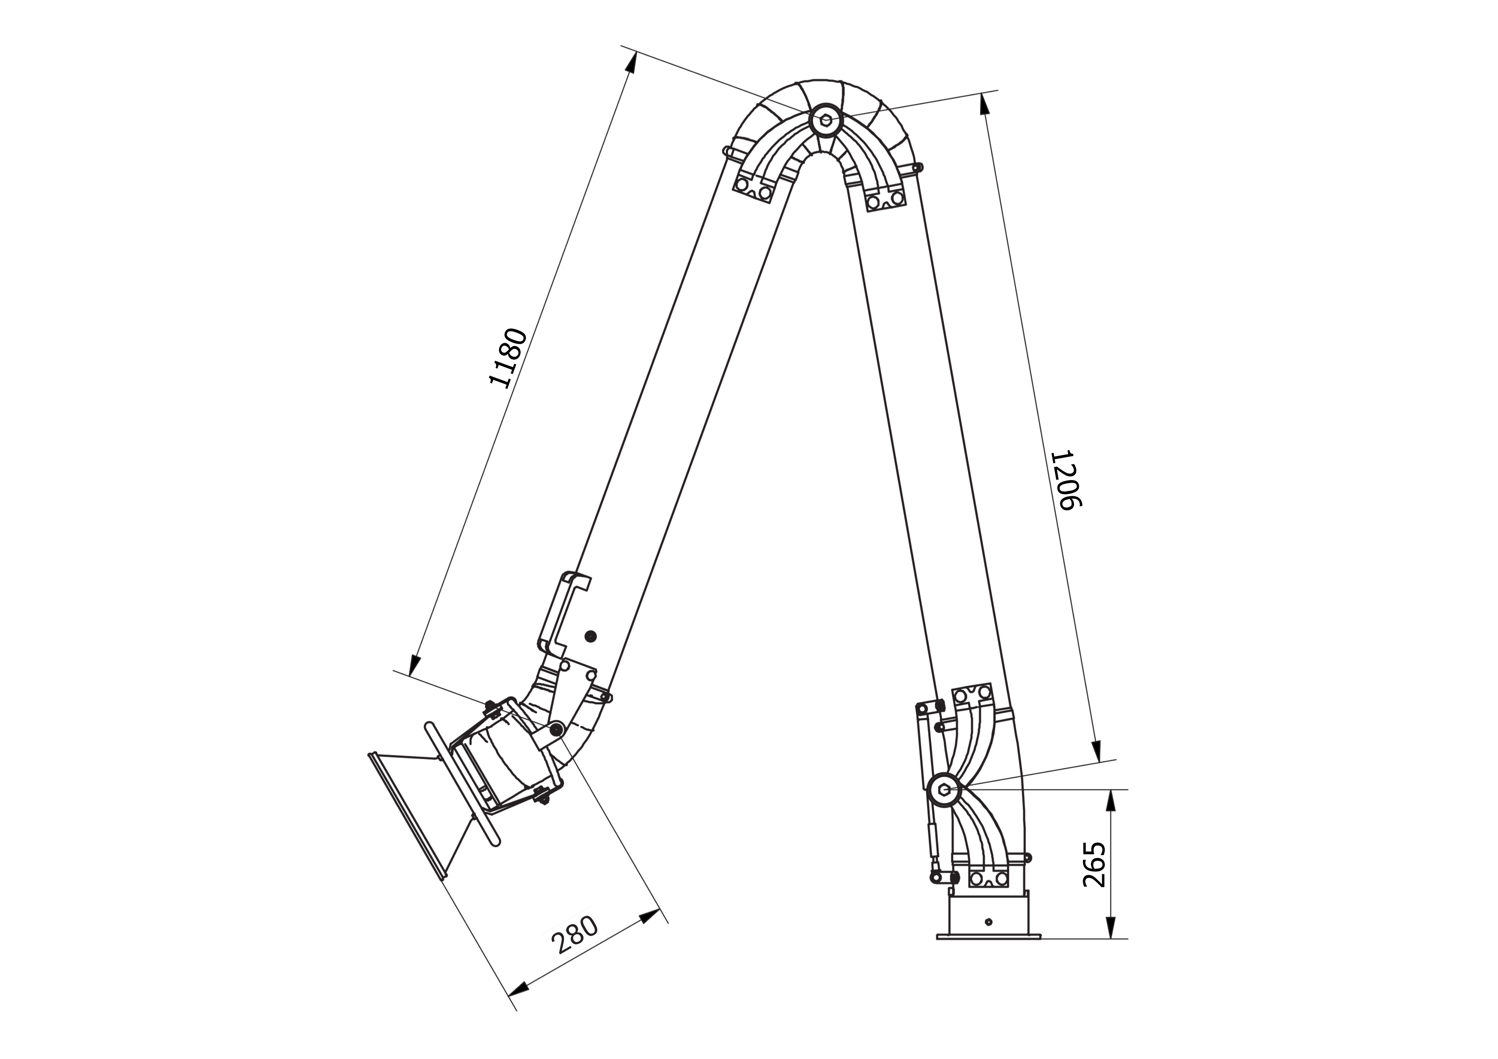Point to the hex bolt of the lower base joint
click(x=944, y=789)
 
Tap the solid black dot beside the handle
click(x=591, y=636)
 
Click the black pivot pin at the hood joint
click(x=557, y=729)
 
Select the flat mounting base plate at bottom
click(x=988, y=937)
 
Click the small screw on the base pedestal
click(x=988, y=921)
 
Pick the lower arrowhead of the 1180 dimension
click(x=413, y=665)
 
